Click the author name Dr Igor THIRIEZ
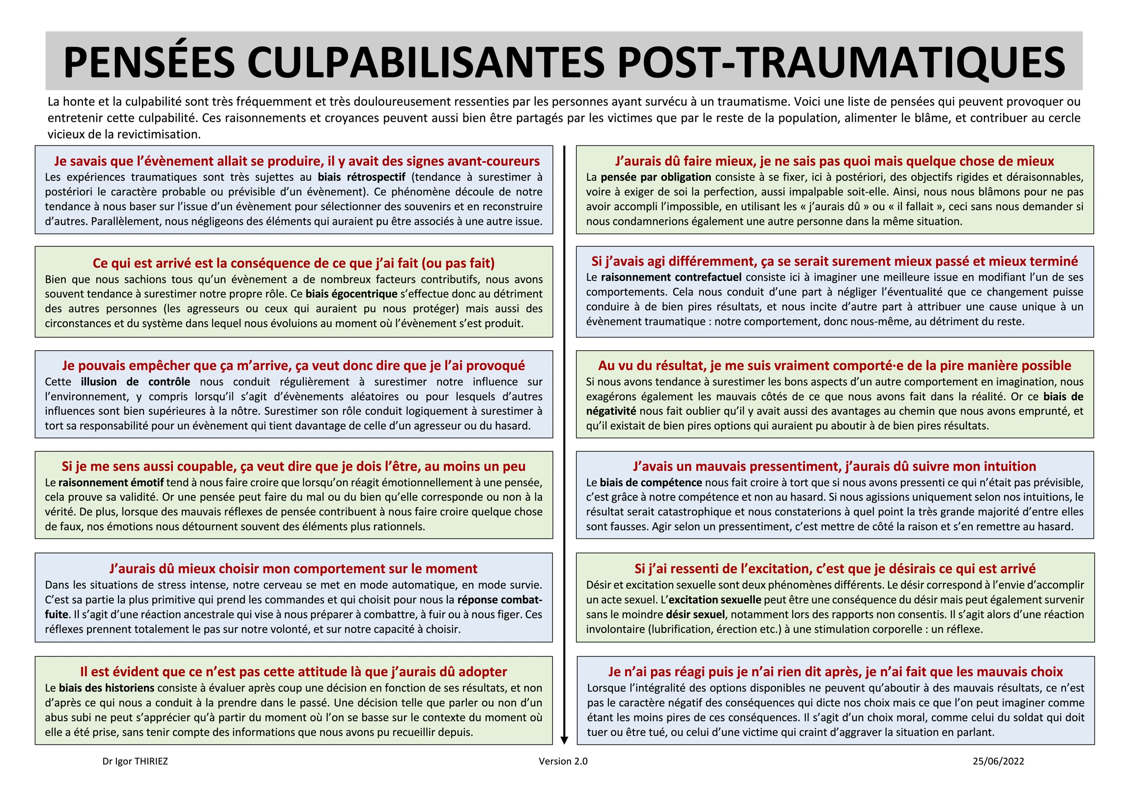[135, 761]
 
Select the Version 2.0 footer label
[563, 761]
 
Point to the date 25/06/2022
[998, 761]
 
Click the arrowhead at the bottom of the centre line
[564, 739]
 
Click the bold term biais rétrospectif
[361, 177]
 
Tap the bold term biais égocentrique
[351, 294]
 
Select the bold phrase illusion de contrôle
[135, 382]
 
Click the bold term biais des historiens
[107, 688]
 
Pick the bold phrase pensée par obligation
[656, 177]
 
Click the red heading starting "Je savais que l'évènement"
[296, 161]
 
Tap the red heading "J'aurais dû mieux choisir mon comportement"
[293, 569]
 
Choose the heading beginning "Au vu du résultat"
[835, 366]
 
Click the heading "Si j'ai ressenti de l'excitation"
[835, 569]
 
